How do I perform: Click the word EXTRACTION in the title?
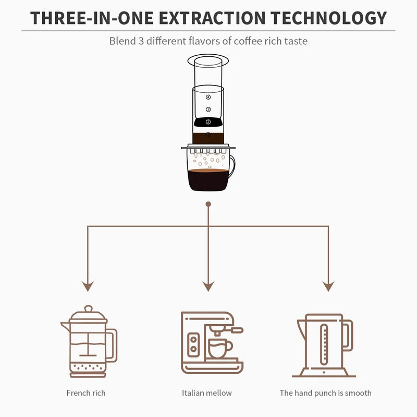[212, 18]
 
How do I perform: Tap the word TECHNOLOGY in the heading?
[328, 18]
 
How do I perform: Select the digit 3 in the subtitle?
[141, 41]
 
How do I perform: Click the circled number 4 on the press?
[208, 97]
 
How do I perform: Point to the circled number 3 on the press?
[208, 109]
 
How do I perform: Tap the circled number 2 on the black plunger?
[208, 122]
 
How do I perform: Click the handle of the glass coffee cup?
[232, 166]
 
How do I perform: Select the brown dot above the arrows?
[208, 204]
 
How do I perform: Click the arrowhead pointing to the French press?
[88, 286]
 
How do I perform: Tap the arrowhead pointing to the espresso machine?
[208, 286]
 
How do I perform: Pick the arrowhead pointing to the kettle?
[328, 286]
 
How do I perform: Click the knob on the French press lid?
[88, 309]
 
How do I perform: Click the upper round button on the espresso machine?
[193, 339]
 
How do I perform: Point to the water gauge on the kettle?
[324, 345]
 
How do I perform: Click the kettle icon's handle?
[348, 335]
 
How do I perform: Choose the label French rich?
[86, 393]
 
